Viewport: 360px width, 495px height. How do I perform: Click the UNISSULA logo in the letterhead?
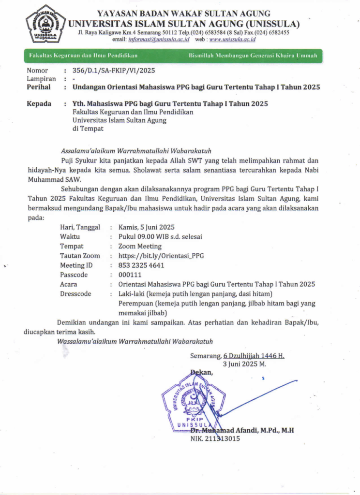click(45, 24)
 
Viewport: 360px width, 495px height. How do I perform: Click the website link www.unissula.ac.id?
click(232, 39)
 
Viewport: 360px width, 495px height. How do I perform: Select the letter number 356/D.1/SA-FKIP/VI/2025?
click(113, 71)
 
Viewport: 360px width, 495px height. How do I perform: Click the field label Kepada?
click(39, 104)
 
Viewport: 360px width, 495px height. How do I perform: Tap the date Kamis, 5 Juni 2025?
click(146, 227)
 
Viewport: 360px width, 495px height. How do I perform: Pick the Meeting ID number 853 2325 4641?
click(141, 265)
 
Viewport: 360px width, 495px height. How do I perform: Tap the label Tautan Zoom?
click(80, 256)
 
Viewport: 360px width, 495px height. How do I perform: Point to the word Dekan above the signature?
click(201, 372)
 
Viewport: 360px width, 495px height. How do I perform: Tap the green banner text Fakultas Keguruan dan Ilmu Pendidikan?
click(83, 56)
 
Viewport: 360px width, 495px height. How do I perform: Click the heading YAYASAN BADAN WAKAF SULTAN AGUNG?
click(183, 14)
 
